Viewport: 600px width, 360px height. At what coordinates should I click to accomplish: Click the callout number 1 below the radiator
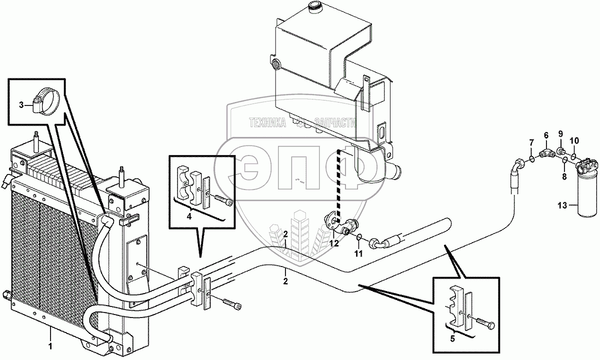(x=50, y=345)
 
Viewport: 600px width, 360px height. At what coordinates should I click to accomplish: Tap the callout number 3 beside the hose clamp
(x=21, y=104)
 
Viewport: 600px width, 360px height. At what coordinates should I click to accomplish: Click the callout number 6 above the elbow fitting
(x=546, y=134)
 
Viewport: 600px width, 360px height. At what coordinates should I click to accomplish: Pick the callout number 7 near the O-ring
(x=531, y=145)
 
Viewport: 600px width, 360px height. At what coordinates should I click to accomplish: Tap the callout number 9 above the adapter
(x=560, y=133)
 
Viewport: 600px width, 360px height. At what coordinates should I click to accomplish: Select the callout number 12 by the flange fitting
(x=333, y=243)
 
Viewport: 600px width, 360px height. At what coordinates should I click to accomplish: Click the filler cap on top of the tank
(x=315, y=7)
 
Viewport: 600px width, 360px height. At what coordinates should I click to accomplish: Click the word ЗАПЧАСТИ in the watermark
(x=334, y=123)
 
